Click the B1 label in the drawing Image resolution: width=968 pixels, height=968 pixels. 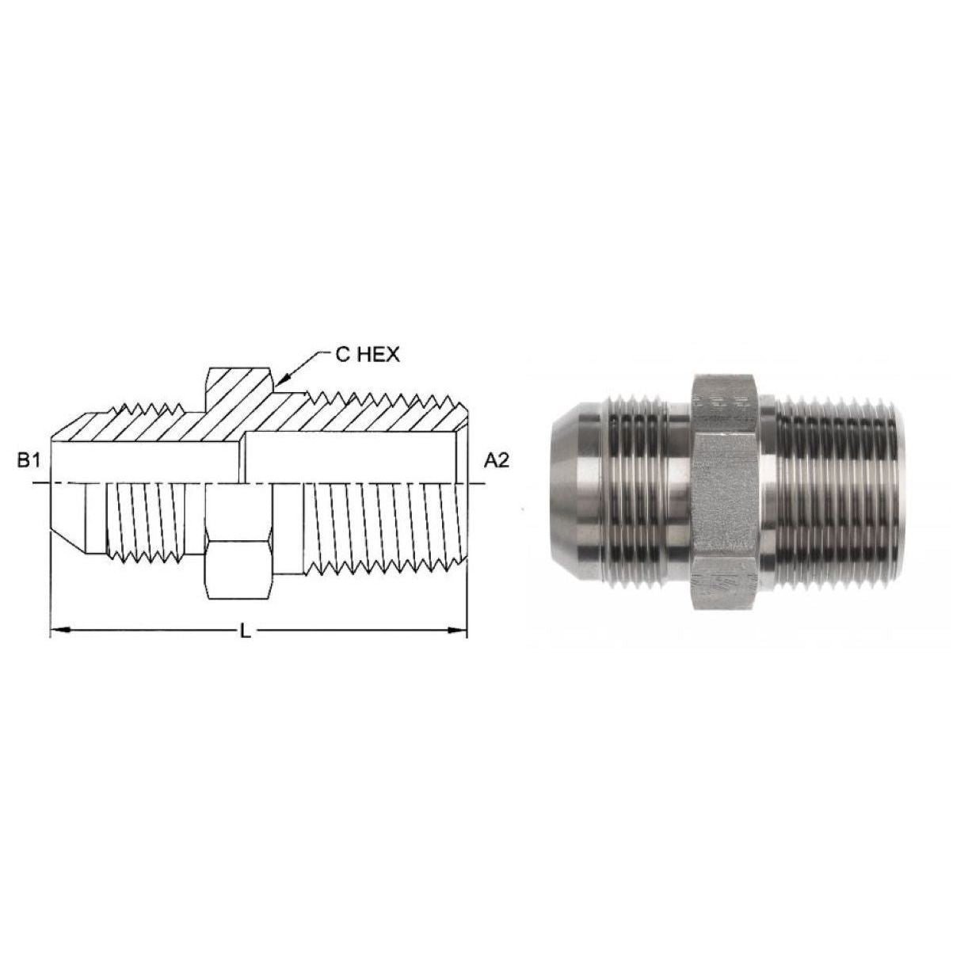(x=29, y=461)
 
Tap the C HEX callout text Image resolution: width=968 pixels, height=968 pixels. (x=368, y=355)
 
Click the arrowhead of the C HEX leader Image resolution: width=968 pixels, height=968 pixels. (x=278, y=386)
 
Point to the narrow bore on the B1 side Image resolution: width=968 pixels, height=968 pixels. (x=143, y=459)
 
